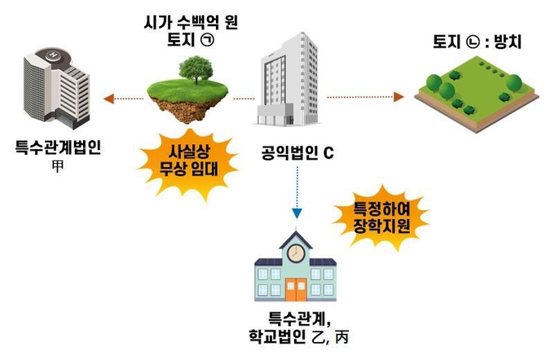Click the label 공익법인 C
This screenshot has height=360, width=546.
pyautogui.click(x=295, y=153)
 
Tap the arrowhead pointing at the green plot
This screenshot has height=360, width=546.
pyautogui.click(x=401, y=97)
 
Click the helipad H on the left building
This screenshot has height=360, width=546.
pyautogui.click(x=55, y=55)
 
